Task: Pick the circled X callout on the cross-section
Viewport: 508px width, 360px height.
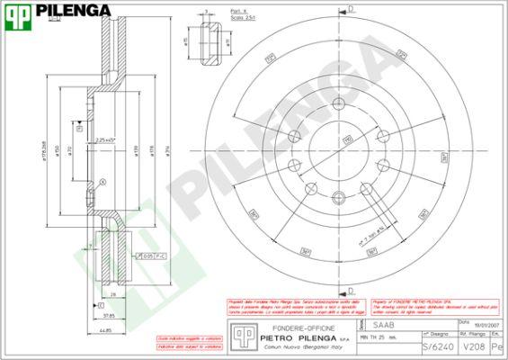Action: pyautogui.click(x=102, y=182)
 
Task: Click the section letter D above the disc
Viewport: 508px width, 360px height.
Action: pyautogui.click(x=350, y=8)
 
